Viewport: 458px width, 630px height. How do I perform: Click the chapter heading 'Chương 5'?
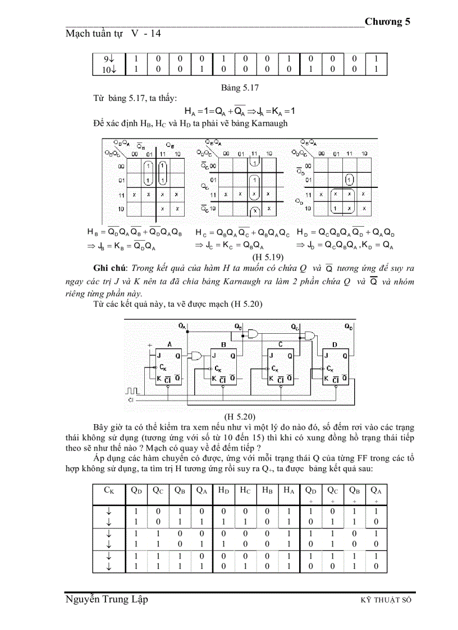click(387, 22)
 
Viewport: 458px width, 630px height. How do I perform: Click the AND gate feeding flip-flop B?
click(196, 355)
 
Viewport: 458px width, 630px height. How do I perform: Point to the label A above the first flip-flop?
click(169, 344)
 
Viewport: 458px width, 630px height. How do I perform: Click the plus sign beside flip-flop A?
click(149, 345)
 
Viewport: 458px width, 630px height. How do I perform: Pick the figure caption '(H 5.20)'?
click(240, 416)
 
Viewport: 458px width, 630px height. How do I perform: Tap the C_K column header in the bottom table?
click(109, 490)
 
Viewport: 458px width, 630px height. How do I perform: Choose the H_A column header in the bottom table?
click(288, 490)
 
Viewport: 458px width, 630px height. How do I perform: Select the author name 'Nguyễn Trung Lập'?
click(107, 600)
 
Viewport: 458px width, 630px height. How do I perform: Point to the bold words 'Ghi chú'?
click(110, 268)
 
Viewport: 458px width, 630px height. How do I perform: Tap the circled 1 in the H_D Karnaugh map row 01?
click(349, 180)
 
